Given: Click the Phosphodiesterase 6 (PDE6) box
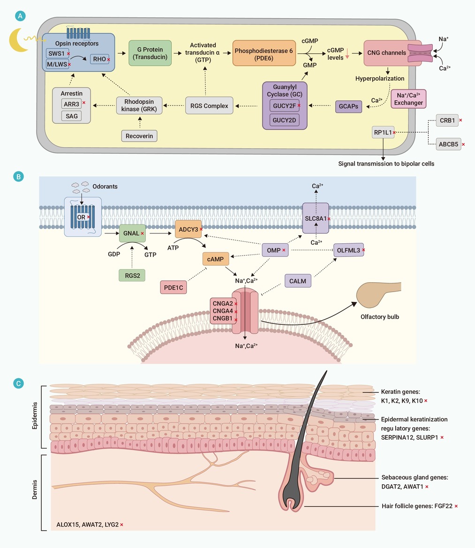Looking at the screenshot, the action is coord(264,53).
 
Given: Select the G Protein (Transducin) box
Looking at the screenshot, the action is coord(150,53).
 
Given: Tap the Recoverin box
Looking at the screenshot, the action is coord(139,136).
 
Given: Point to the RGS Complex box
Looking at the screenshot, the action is coord(209,105).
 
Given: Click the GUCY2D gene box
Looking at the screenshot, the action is coord(284,120).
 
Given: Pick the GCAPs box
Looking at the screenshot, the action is coord(348,106).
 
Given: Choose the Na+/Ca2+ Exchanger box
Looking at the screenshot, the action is coord(408,99).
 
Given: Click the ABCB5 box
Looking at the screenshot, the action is coord(448,144).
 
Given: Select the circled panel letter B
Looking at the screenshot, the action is coord(18,176).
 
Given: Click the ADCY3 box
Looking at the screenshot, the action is coord(188,229).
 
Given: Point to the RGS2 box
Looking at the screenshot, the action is coord(132,275).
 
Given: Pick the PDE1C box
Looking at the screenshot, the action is coord(173,287).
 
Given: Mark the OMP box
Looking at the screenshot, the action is coord(275,250).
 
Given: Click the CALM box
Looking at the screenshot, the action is coord(298,281).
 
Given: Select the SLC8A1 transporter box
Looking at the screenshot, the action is coord(316,218).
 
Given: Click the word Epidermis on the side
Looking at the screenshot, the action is coord(35,415).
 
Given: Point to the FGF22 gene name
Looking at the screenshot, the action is coord(443,506).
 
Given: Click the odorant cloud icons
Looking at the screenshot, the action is coord(80,187).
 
